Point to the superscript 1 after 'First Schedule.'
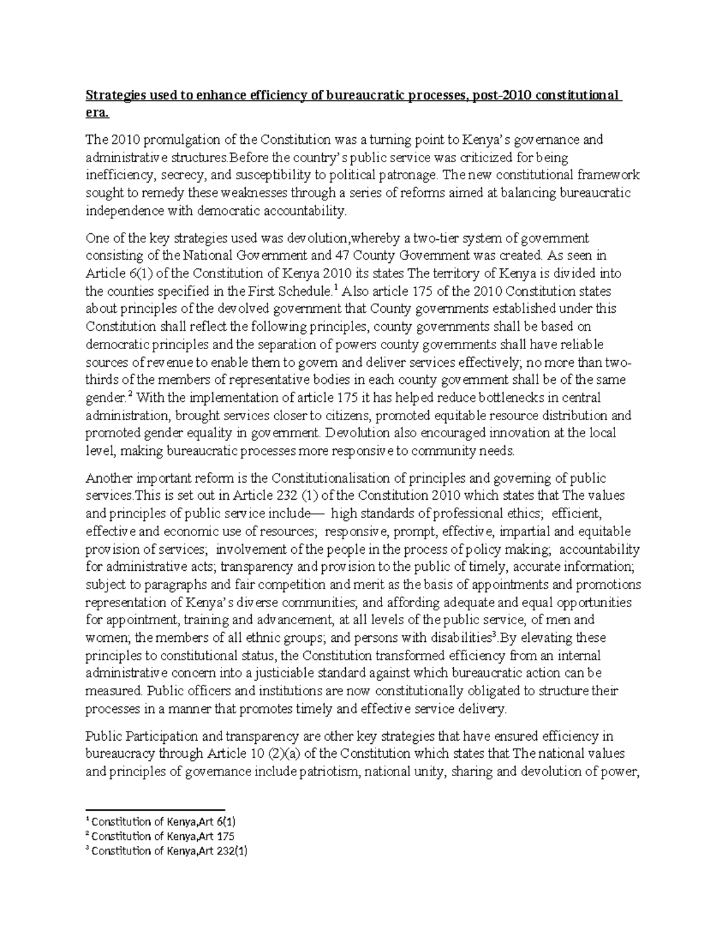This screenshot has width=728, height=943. tap(335, 287)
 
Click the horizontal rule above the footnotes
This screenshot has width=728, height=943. tap(155, 810)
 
